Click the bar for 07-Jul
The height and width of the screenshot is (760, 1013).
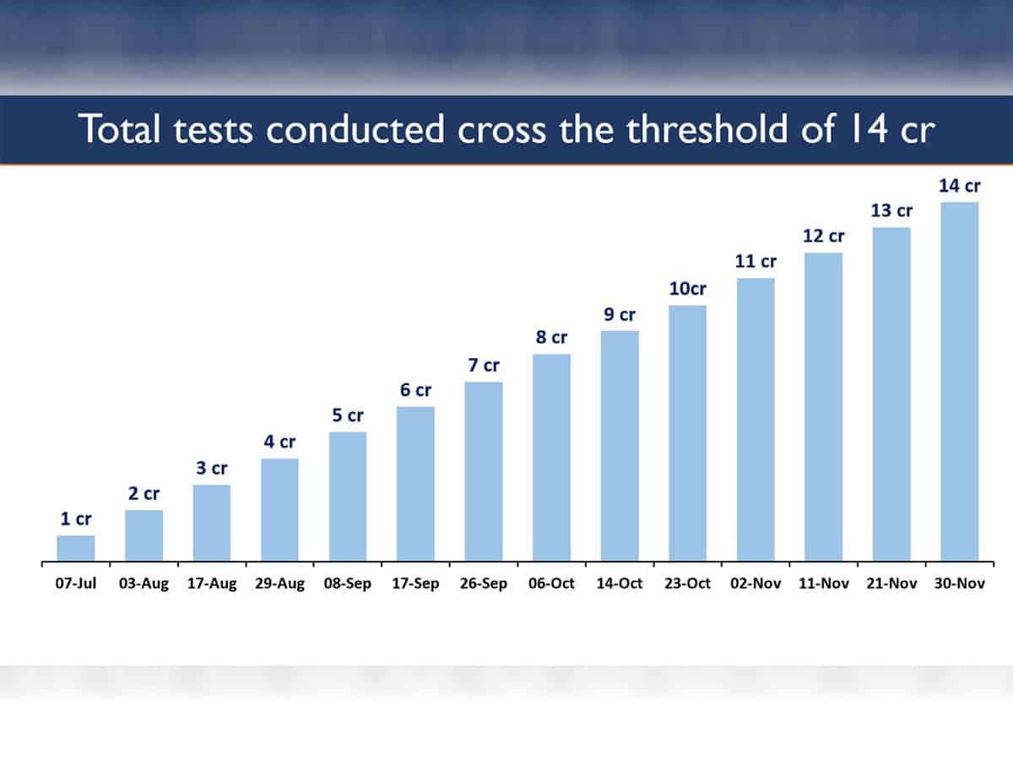(76, 548)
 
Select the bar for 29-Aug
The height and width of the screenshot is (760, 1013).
(279, 510)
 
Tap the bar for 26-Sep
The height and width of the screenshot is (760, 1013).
(484, 471)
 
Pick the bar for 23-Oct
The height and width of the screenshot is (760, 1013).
(688, 433)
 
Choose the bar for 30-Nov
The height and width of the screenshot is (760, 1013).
(960, 382)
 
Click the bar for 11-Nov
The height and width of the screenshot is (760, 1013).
(824, 407)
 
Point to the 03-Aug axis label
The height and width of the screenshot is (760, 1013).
(144, 584)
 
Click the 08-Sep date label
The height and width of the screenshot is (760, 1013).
(348, 584)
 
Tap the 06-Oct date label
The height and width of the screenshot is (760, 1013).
(551, 584)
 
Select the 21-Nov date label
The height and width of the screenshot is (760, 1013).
(891, 584)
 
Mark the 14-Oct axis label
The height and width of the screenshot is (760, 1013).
(620, 584)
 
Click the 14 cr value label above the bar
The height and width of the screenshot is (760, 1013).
(960, 186)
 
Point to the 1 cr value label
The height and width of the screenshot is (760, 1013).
(76, 519)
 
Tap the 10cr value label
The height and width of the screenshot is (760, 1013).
(688, 289)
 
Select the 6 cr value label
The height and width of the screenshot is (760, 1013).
(416, 390)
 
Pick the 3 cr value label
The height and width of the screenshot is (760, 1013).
(212, 469)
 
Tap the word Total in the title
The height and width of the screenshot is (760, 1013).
(120, 128)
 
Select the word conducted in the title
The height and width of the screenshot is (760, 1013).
(355, 128)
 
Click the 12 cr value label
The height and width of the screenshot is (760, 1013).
(824, 236)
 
